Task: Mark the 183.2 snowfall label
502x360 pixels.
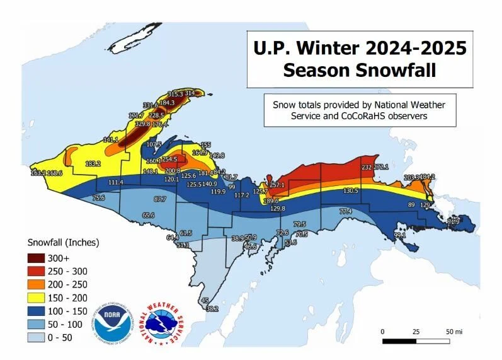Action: pos(93,163)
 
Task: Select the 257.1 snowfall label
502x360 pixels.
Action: pos(278,185)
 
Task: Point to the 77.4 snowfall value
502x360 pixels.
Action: pos(345,212)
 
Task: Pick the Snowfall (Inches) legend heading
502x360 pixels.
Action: pos(64,242)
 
